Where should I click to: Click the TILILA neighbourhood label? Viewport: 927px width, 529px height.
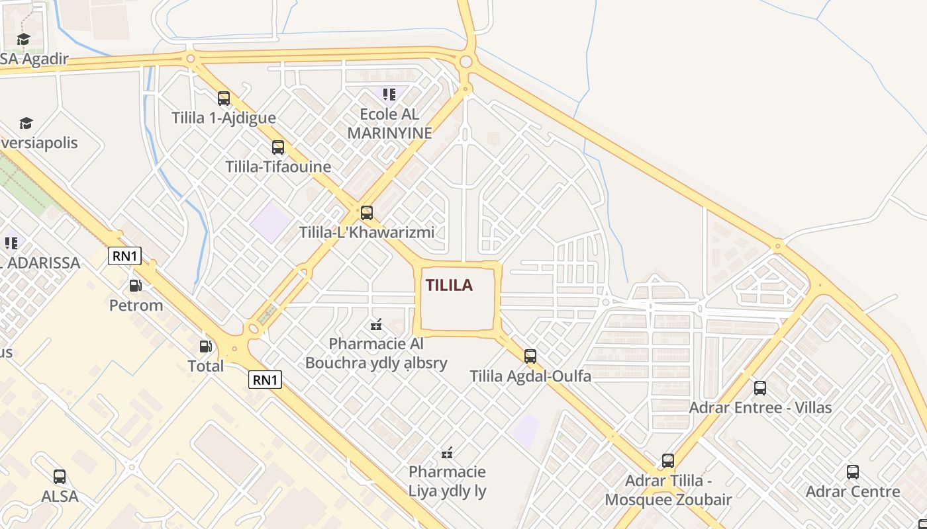(449, 285)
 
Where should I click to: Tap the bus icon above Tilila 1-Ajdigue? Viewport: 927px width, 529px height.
(224, 99)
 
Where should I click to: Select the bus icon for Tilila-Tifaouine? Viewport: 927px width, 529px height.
(278, 147)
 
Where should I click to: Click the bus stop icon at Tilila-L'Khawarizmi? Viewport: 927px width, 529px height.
(367, 213)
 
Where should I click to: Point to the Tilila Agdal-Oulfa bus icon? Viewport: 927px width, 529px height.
(530, 356)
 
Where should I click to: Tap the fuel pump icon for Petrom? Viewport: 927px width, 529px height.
(135, 286)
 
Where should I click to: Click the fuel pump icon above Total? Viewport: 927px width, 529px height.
(206, 346)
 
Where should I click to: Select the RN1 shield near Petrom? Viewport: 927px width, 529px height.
(124, 256)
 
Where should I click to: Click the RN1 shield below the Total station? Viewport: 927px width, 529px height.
(266, 380)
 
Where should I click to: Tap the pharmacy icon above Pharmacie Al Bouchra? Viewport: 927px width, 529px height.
(376, 324)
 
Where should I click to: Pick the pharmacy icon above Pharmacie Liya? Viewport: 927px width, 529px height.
(448, 452)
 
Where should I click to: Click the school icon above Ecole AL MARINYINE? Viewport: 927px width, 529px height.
(389, 95)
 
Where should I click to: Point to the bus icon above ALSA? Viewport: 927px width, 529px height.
(60, 476)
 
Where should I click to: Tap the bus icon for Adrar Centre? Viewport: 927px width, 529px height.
(853, 472)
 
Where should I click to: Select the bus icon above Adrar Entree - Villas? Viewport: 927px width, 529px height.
(760, 388)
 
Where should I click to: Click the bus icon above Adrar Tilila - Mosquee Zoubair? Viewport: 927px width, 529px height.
(668, 461)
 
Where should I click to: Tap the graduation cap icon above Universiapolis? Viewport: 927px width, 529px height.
(26, 123)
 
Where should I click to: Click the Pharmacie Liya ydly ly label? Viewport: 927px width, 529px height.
(447, 481)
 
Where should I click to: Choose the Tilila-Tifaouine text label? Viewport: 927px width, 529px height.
(278, 167)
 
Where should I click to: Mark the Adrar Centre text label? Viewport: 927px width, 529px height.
(853, 491)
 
